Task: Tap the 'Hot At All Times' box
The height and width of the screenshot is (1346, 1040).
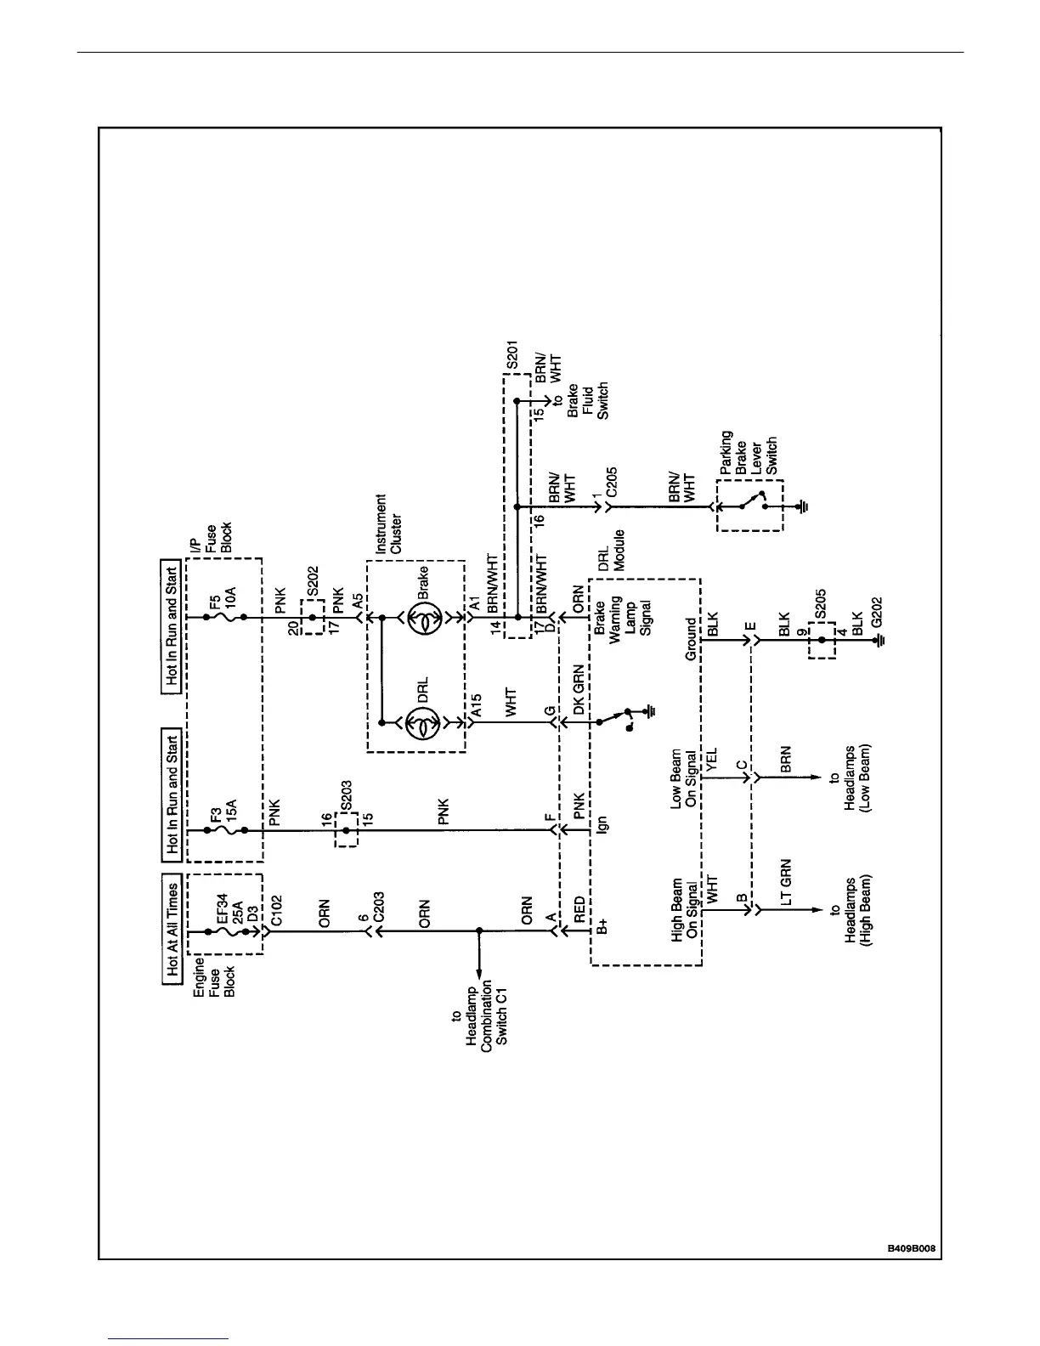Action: tap(172, 929)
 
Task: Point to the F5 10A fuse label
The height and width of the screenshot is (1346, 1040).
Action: tap(223, 608)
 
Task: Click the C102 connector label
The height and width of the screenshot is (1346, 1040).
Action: tap(276, 910)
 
